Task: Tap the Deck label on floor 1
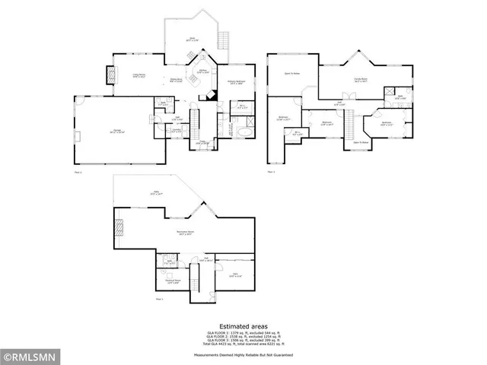tap(193, 39)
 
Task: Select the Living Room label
tap(139, 75)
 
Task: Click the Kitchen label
tap(203, 71)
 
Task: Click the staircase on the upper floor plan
tap(351, 122)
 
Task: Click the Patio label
tap(157, 194)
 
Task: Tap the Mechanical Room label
tap(173, 281)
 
